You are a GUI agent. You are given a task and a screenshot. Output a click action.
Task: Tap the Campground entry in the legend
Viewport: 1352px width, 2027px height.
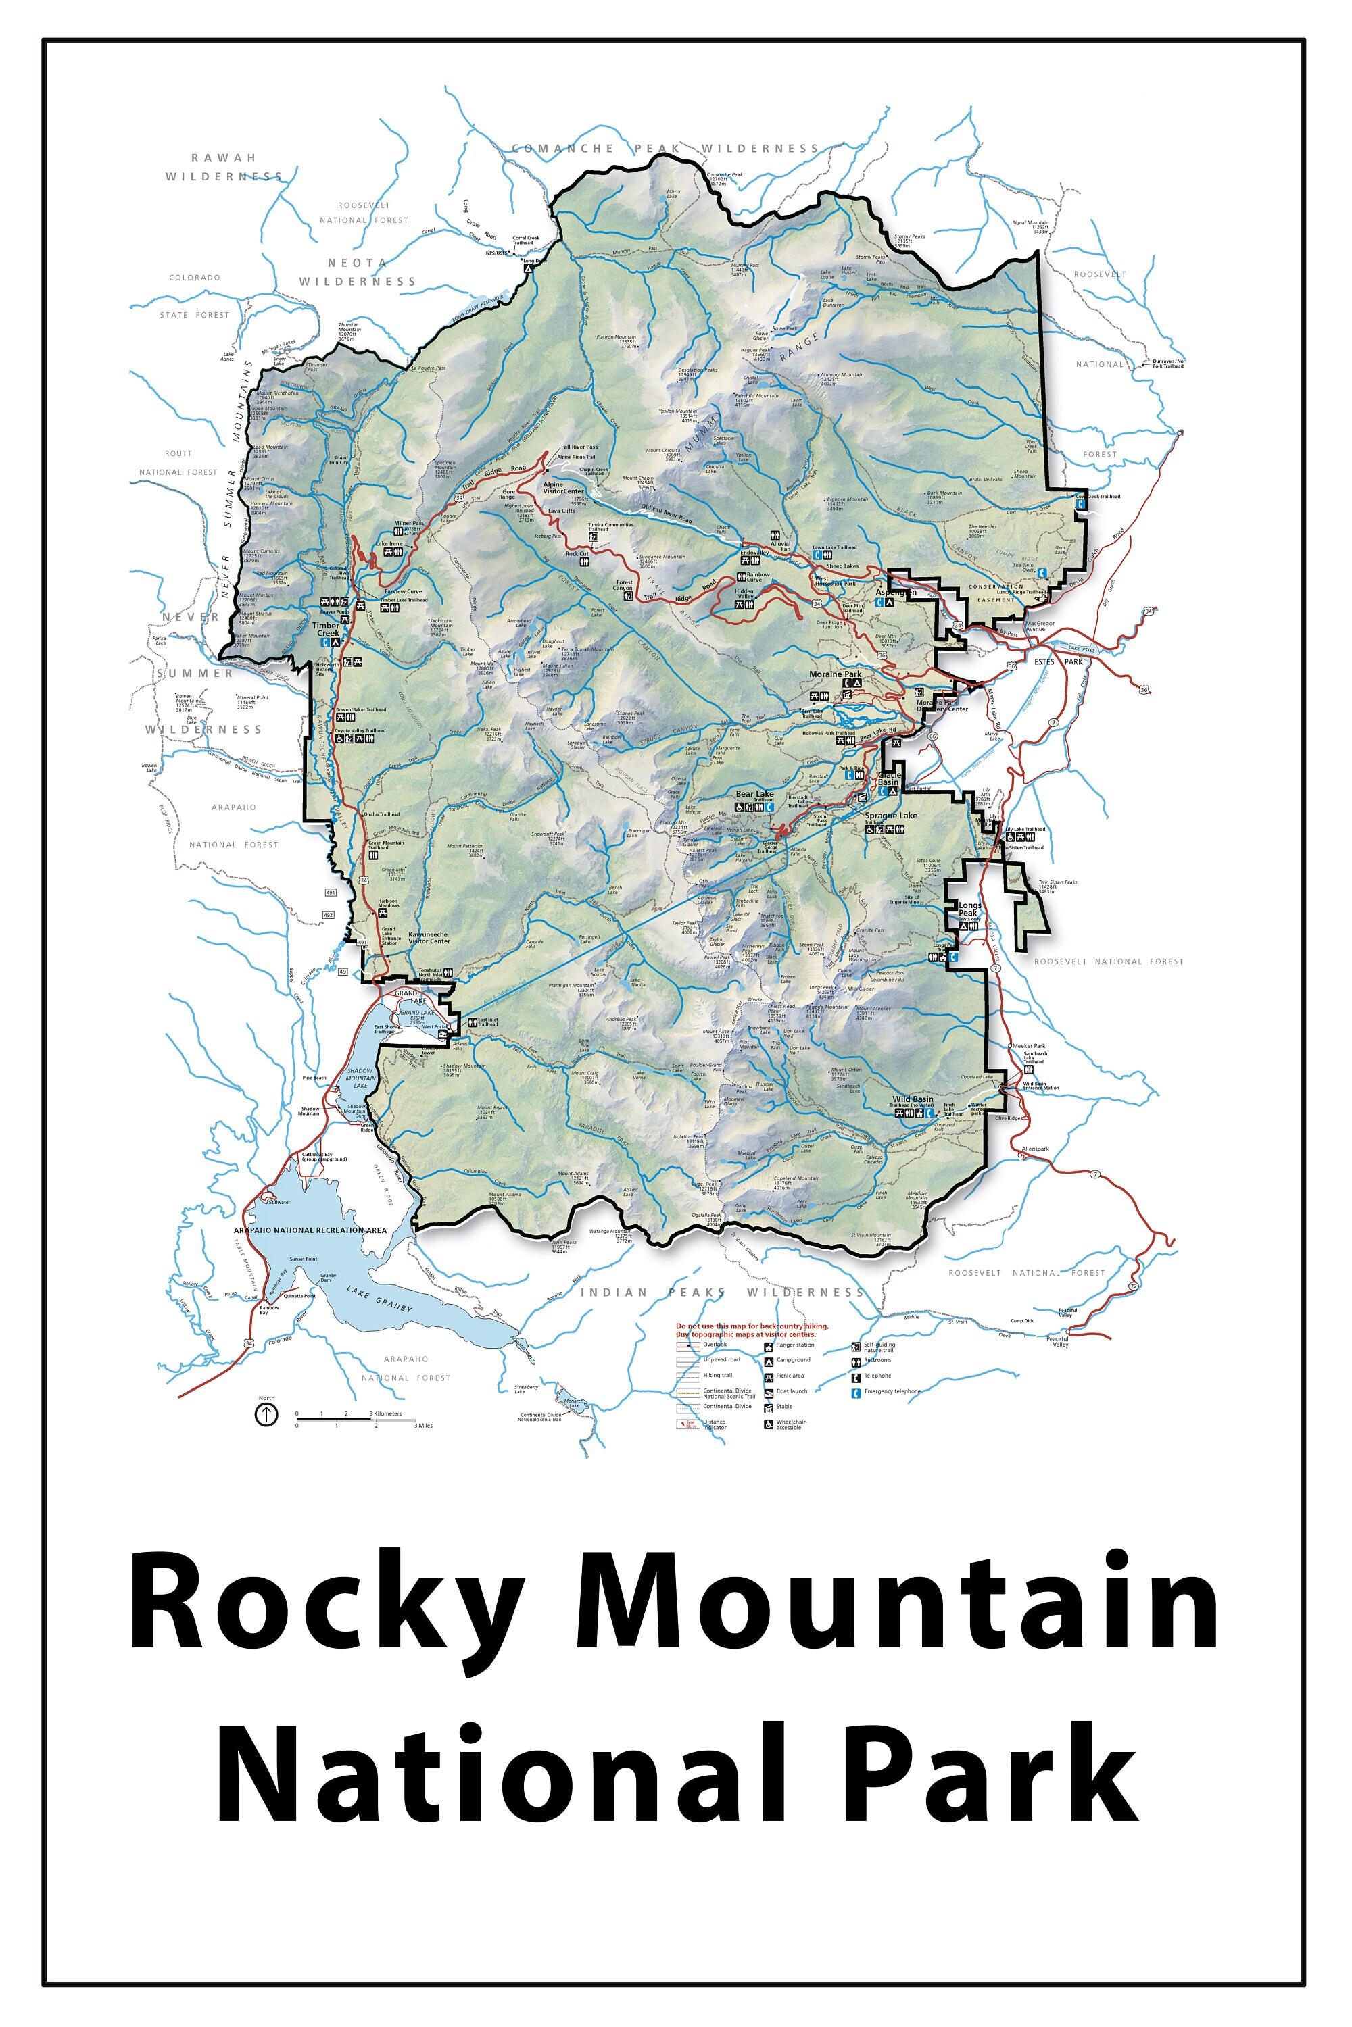click(x=792, y=1360)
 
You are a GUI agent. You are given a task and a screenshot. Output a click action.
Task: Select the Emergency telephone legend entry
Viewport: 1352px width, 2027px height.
click(x=892, y=1391)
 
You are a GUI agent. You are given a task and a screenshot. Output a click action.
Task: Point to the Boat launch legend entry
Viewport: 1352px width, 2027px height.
click(x=791, y=1391)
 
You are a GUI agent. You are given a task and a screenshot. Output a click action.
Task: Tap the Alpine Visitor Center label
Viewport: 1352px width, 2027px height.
click(x=563, y=488)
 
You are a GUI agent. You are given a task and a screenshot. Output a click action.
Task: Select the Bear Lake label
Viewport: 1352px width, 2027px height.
click(x=754, y=794)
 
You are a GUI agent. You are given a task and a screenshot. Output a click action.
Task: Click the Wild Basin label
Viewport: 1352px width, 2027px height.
click(x=912, y=1100)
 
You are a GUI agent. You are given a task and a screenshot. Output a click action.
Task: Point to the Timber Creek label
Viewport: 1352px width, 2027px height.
click(x=326, y=629)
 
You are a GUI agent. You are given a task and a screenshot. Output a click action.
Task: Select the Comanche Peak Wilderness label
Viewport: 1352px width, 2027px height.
click(x=665, y=148)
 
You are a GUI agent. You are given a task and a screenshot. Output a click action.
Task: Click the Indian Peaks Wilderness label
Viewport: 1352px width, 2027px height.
click(x=722, y=1292)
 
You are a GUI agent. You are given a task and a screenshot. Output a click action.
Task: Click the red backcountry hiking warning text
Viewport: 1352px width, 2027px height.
click(x=752, y=1330)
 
